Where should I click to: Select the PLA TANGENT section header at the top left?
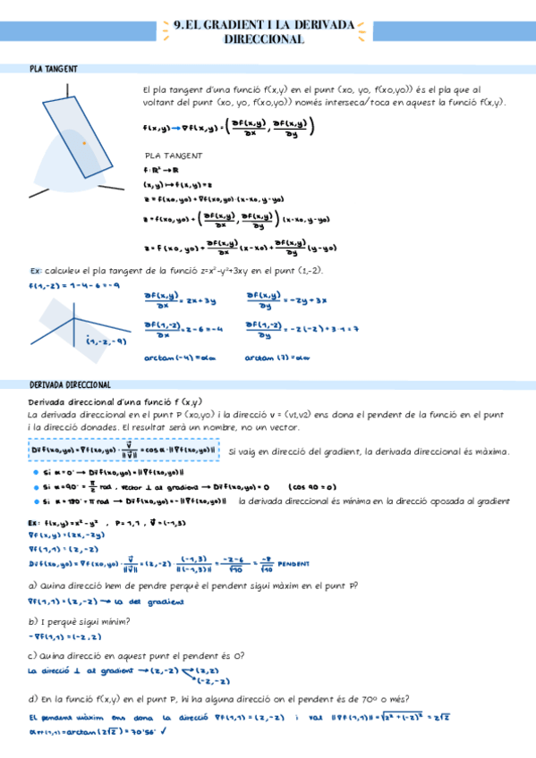coord(54,69)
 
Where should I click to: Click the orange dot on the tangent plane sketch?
coord(84,143)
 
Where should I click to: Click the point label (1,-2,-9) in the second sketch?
coord(106,341)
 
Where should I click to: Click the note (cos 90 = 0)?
coord(312,487)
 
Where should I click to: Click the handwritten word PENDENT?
coord(294,564)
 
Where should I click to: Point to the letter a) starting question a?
coord(33,585)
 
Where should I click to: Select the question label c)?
coord(33,655)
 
